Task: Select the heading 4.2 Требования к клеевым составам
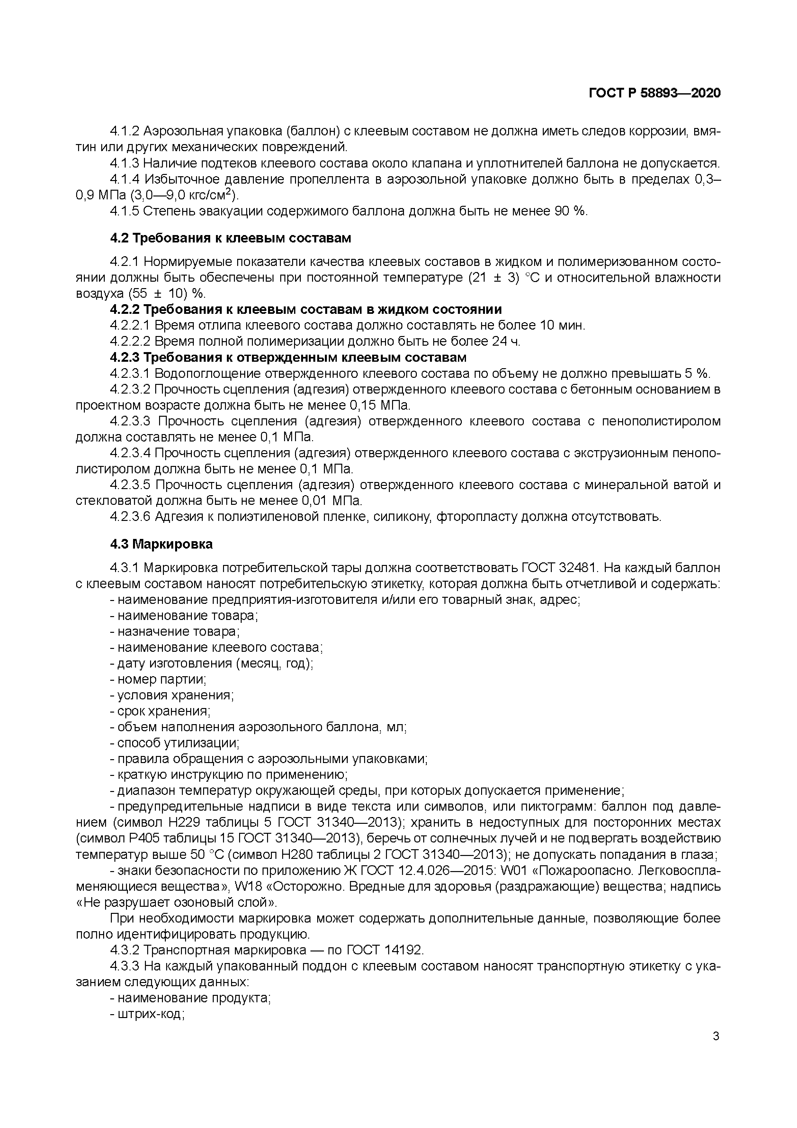[x=230, y=238]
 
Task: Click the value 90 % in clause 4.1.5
[x=571, y=211]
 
